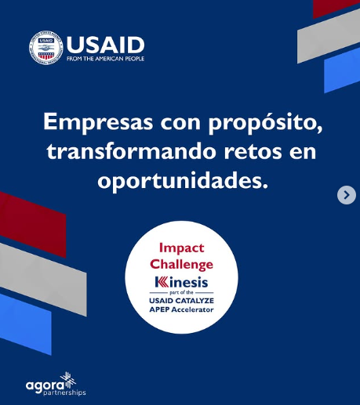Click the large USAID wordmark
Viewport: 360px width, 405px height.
(105, 44)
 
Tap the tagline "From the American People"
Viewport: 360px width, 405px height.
(105, 59)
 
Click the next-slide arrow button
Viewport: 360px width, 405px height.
(347, 195)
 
